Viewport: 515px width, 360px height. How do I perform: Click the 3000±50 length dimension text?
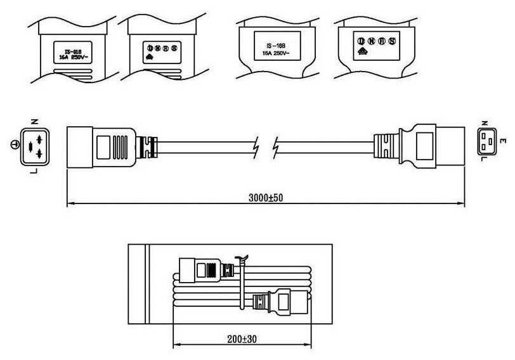pos(264,197)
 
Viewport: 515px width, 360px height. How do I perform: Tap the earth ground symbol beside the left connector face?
pos(15,145)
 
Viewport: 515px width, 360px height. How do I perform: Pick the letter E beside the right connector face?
pos(503,141)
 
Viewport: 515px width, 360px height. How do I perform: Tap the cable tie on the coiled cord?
pos(240,279)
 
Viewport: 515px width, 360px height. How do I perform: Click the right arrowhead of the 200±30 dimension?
pos(310,346)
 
